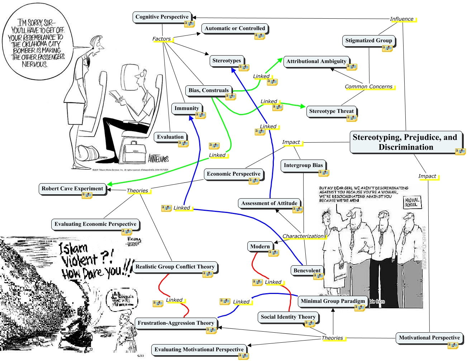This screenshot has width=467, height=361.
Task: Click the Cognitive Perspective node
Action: coord(162,17)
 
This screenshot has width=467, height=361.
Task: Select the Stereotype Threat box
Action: coord(331,111)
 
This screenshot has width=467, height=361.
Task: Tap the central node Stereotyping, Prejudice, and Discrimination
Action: coord(405,142)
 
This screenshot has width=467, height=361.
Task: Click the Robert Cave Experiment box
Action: coord(72,189)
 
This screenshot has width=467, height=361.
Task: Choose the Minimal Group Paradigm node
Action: coord(333,301)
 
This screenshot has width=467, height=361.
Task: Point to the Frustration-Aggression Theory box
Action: coord(176,323)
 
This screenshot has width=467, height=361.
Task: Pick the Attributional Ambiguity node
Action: coord(316,61)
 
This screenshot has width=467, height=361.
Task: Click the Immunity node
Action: coord(187,108)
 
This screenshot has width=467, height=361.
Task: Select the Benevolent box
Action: coord(307,271)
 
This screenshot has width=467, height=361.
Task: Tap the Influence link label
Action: coord(402,19)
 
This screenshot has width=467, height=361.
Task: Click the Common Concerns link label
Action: coord(368,87)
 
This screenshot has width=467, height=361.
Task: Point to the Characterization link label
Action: coord(303,236)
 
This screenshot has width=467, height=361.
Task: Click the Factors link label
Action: coord(162,39)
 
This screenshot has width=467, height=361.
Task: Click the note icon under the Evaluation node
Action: coord(184,143)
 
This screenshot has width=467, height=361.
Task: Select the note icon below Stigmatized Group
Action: coord(387,48)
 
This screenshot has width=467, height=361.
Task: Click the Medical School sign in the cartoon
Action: coord(412,203)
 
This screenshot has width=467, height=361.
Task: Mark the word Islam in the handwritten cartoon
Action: coord(73,248)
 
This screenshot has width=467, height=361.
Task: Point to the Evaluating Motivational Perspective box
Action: coord(199,350)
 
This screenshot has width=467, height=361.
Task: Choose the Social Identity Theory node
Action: coord(288,317)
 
